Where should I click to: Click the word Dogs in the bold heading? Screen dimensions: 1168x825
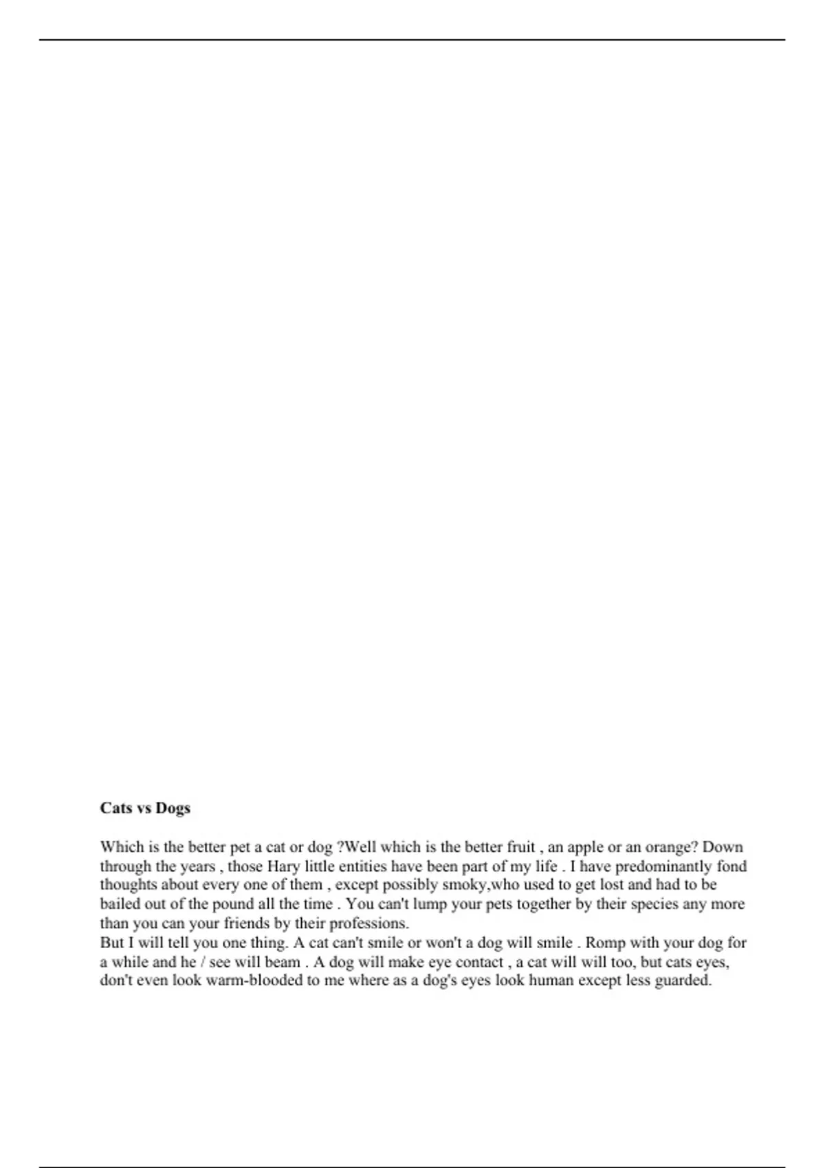(x=173, y=808)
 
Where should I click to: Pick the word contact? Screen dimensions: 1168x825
(x=479, y=961)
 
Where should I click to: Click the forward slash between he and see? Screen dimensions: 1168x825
(x=203, y=962)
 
